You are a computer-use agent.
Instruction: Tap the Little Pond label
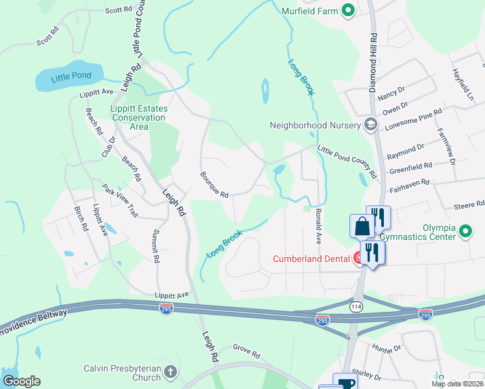coord(72,76)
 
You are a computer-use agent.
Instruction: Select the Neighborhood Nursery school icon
coord(371,124)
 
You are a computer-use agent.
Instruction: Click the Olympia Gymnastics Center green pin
coord(464,231)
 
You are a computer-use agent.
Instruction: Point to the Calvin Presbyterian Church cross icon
coord(170,373)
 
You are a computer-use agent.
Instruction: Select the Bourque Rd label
coord(214,185)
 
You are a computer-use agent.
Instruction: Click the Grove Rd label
coord(246,355)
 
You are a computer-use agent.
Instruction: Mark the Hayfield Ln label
coord(464,84)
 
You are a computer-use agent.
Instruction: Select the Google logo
coord(21,381)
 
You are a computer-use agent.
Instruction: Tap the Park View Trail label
coord(120,200)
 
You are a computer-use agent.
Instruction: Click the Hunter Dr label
coord(387,349)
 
